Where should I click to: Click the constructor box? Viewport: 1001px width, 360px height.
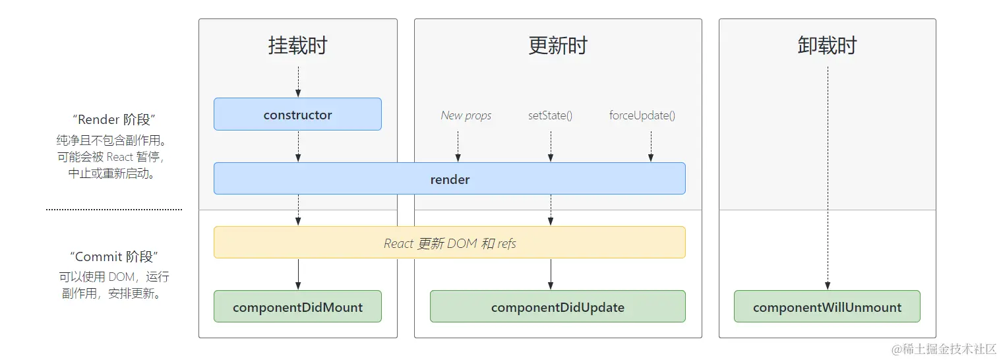coord(297,115)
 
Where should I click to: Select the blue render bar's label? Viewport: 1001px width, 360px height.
coord(450,179)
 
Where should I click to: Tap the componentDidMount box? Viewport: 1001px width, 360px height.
coord(297,307)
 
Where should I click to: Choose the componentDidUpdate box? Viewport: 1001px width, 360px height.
coord(557,307)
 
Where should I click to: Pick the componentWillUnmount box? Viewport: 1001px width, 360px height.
coord(827,307)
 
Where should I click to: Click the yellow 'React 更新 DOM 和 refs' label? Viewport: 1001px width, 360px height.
coord(450,243)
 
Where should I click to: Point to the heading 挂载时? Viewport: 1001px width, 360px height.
coord(297,45)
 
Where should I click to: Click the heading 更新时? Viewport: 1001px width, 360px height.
coord(557,45)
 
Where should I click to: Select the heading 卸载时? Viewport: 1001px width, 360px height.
coord(827,45)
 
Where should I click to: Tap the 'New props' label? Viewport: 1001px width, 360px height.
coord(466,115)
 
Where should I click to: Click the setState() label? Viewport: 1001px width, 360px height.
coord(550,115)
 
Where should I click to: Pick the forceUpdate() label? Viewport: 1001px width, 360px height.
coord(642,115)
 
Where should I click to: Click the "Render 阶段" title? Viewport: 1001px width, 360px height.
coord(114,119)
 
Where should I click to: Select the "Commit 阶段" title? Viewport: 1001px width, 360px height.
coord(114,256)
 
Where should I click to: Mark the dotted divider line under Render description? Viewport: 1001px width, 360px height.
coord(114,210)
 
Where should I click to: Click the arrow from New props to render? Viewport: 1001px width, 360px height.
coord(458,146)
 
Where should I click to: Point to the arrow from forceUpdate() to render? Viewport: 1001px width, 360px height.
coord(651,146)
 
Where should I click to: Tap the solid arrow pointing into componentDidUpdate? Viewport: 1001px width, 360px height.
coord(551,274)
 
